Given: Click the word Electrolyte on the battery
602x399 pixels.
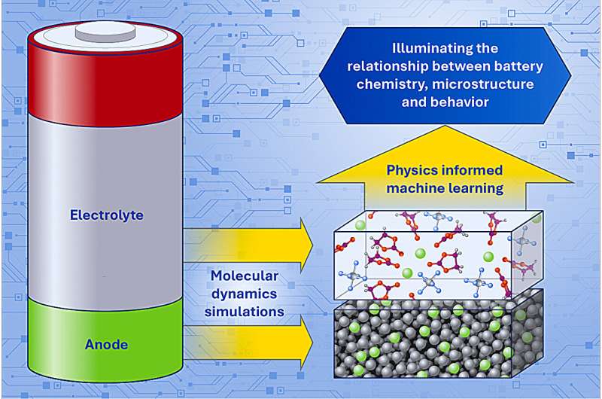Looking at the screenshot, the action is coord(106,215).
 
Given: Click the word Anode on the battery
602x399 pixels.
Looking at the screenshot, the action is coord(106,345).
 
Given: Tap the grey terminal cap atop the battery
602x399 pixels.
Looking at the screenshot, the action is coord(105,32).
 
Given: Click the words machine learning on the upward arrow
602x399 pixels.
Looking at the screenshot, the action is coord(445,188).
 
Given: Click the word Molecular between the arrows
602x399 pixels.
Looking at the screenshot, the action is coord(245,276).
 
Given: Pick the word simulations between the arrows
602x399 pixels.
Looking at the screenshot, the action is coord(245,312).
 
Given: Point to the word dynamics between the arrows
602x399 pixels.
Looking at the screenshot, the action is coord(245,294).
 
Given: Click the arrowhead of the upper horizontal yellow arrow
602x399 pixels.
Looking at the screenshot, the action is coord(306,245).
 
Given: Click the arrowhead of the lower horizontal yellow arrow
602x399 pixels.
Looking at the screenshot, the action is coord(306,343).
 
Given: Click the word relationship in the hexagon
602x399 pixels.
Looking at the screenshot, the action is coord(388,66).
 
